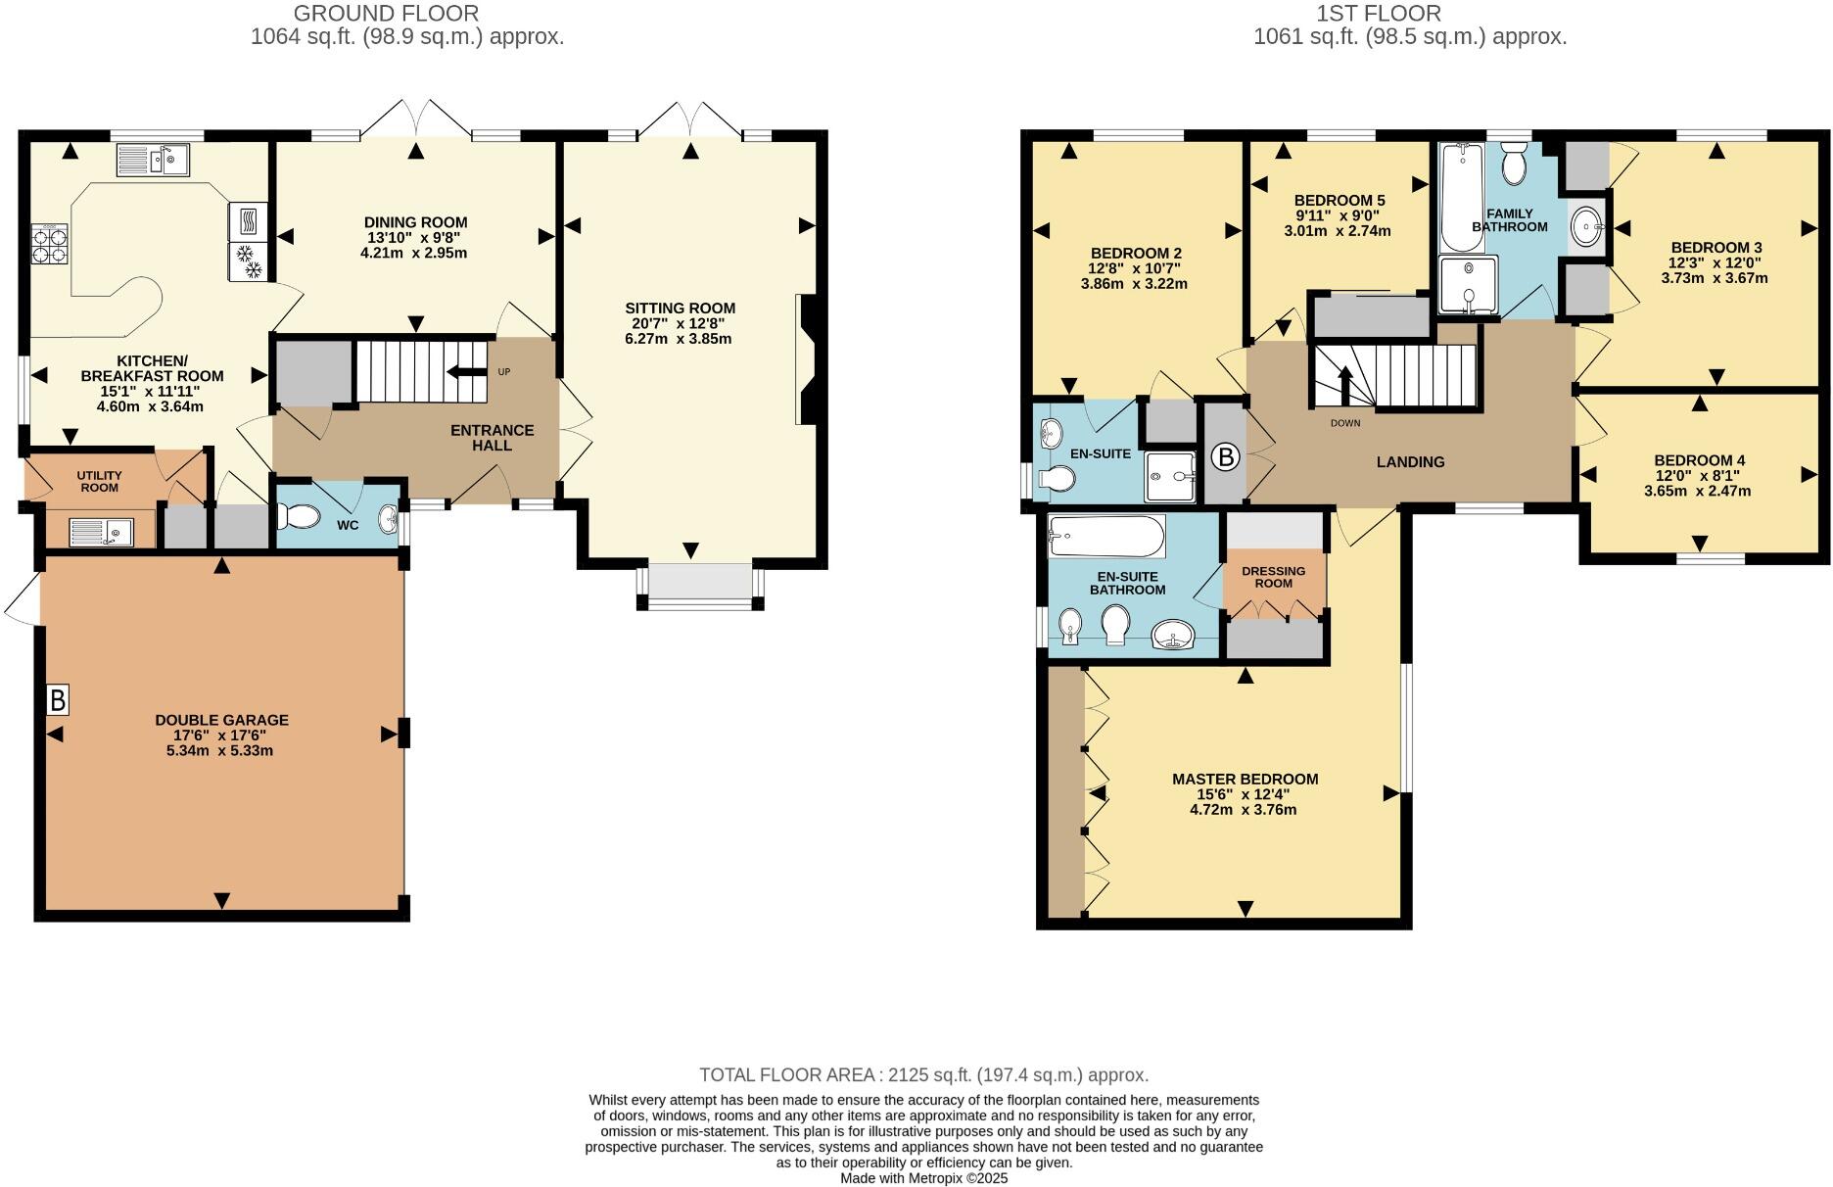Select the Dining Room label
tap(415, 222)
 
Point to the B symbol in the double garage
tap(58, 700)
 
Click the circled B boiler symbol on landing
tap(1224, 457)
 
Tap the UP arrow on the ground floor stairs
tap(466, 371)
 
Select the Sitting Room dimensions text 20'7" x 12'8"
tap(680, 323)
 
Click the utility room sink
tap(101, 532)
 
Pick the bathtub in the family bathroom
tap(1460, 196)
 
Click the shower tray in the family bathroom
tap(1468, 285)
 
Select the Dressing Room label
tap(1273, 577)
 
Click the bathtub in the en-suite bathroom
tap(1106, 536)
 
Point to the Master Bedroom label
tap(1245, 780)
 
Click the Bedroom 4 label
tap(1699, 460)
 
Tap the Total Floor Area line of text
tap(923, 1074)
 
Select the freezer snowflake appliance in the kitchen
tap(248, 262)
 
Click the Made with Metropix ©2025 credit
tap(923, 1178)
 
